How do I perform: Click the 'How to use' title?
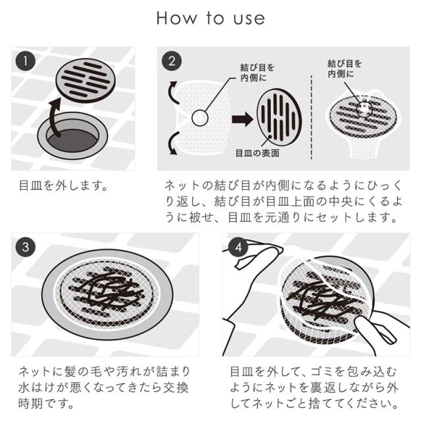click(210, 18)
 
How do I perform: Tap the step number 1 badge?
click(26, 61)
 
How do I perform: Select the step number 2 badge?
click(172, 61)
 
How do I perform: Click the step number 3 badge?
click(26, 247)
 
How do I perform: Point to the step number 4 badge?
click(238, 247)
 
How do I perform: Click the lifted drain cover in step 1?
click(86, 80)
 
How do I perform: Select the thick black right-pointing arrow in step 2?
click(242, 119)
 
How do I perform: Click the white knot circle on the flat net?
click(200, 118)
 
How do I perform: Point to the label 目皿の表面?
click(257, 153)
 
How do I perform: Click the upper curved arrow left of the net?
click(172, 92)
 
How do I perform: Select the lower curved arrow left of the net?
click(172, 143)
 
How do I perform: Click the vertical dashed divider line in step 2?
click(311, 117)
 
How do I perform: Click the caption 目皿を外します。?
click(64, 186)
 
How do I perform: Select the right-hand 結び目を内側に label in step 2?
click(345, 68)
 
